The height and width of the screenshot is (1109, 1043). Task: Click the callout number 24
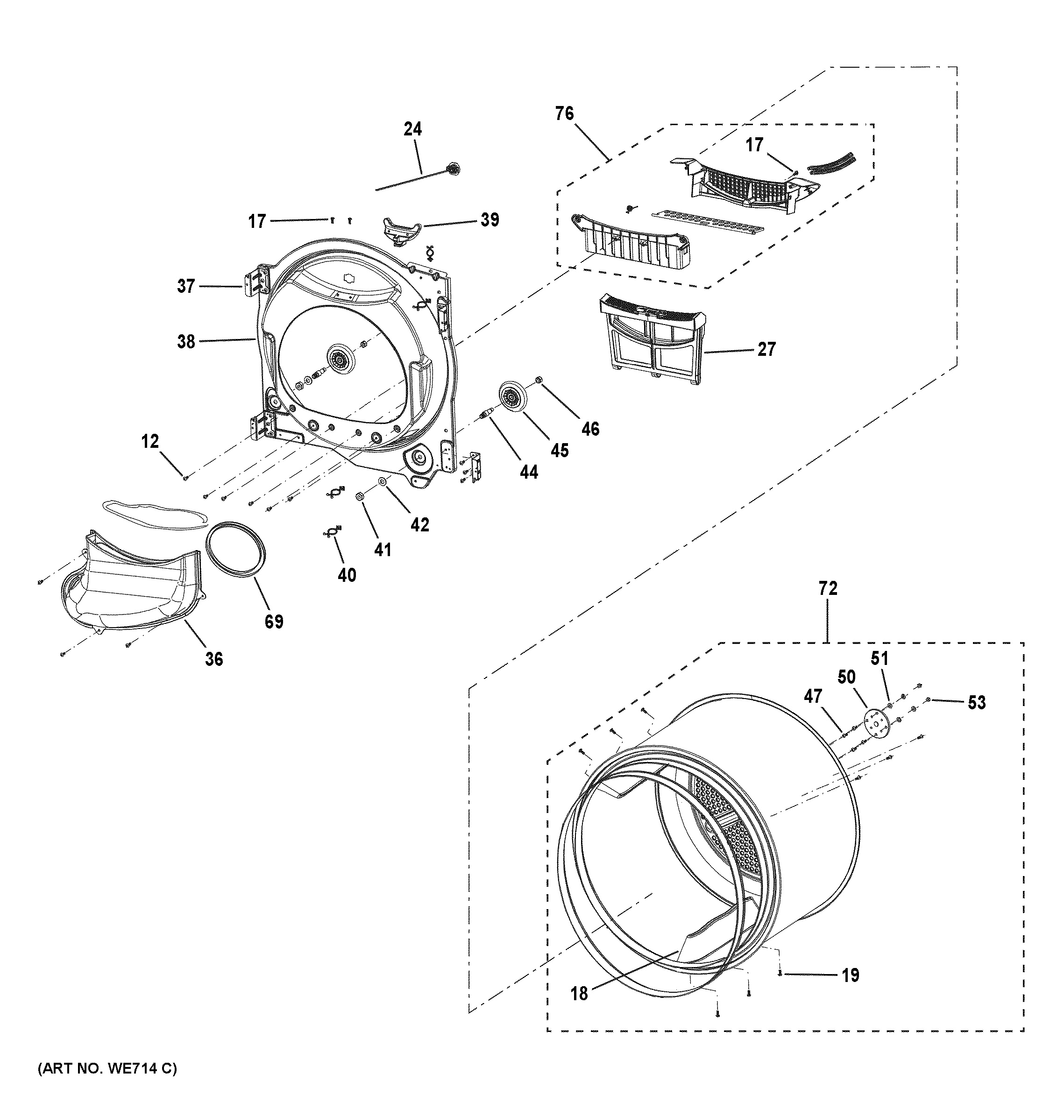coord(412,129)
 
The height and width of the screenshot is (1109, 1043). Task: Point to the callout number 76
coord(564,114)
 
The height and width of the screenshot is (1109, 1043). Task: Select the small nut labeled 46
coord(539,381)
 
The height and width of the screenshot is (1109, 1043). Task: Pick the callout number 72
coord(828,588)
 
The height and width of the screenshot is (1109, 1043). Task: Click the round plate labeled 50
coord(877,722)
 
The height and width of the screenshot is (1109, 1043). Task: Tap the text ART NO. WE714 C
coord(107,1068)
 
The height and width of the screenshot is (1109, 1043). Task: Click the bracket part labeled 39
coord(401,229)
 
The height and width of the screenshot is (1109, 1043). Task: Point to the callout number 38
coord(186,341)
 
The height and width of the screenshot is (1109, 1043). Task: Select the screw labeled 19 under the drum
coord(780,974)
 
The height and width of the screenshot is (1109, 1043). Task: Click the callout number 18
coord(579,993)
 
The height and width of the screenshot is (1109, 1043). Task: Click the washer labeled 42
coord(382,481)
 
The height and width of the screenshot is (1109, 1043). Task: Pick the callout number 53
coord(977,702)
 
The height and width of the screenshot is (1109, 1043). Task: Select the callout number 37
coord(186,287)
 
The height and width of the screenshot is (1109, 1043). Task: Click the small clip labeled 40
coord(332,533)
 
